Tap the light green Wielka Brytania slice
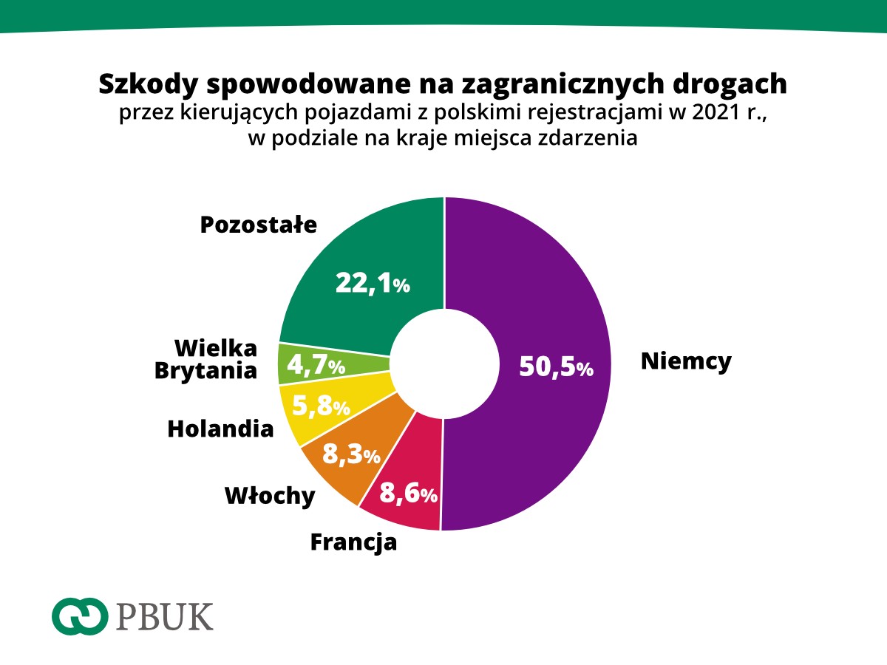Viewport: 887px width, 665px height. pyautogui.click(x=296, y=364)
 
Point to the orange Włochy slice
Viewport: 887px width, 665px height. pyautogui.click(x=333, y=473)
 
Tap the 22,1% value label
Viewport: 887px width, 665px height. pyautogui.click(x=373, y=283)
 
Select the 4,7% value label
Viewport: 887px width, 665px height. pyautogui.click(x=316, y=364)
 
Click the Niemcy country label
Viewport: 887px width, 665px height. pyautogui.click(x=686, y=361)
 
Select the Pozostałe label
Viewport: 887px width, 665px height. pyautogui.click(x=258, y=225)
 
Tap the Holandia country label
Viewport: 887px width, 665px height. pyautogui.click(x=220, y=429)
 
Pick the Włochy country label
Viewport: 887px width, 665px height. pyautogui.click(x=270, y=497)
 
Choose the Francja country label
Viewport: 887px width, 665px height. pyautogui.click(x=353, y=542)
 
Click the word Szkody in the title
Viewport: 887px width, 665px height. pyautogui.click(x=148, y=83)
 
